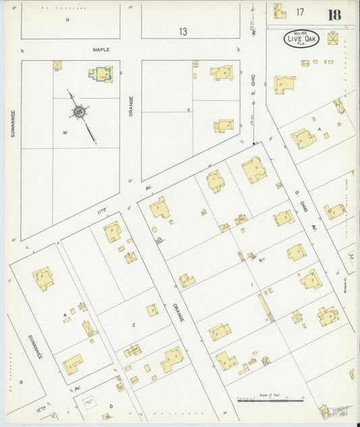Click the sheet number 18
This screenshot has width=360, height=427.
click(x=334, y=15)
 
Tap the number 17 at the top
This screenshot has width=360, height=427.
click(x=299, y=11)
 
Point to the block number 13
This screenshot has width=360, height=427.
click(x=183, y=31)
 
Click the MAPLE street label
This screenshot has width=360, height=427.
click(x=101, y=49)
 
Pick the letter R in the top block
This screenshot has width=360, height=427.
click(x=68, y=20)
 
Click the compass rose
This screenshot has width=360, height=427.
click(x=79, y=111)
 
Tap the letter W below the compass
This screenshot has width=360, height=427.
click(x=66, y=133)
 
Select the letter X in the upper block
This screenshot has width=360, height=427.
click(x=188, y=109)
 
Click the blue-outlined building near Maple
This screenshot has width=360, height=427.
click(x=102, y=74)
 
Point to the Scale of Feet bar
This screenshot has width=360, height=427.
click(x=270, y=399)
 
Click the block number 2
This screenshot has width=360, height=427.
click(x=134, y=325)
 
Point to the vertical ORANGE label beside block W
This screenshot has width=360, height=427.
click(x=131, y=105)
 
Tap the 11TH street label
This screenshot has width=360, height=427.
click(x=101, y=211)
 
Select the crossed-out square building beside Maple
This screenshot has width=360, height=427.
click(x=57, y=65)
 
